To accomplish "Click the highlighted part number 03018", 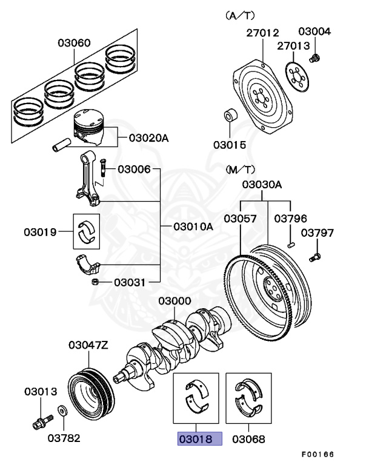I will coord(199,438).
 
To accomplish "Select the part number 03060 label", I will coord(75,43).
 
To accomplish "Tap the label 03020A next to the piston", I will coord(148,138).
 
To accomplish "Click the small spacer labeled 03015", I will coord(231,115).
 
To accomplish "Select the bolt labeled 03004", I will coord(314,58).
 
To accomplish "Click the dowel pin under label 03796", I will coord(291,245).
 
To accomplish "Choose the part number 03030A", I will coord(262,185).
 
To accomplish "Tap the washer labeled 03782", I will coord(63,411).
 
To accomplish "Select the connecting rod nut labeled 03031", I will coord(95,282).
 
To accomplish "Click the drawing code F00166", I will coord(318,454).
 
